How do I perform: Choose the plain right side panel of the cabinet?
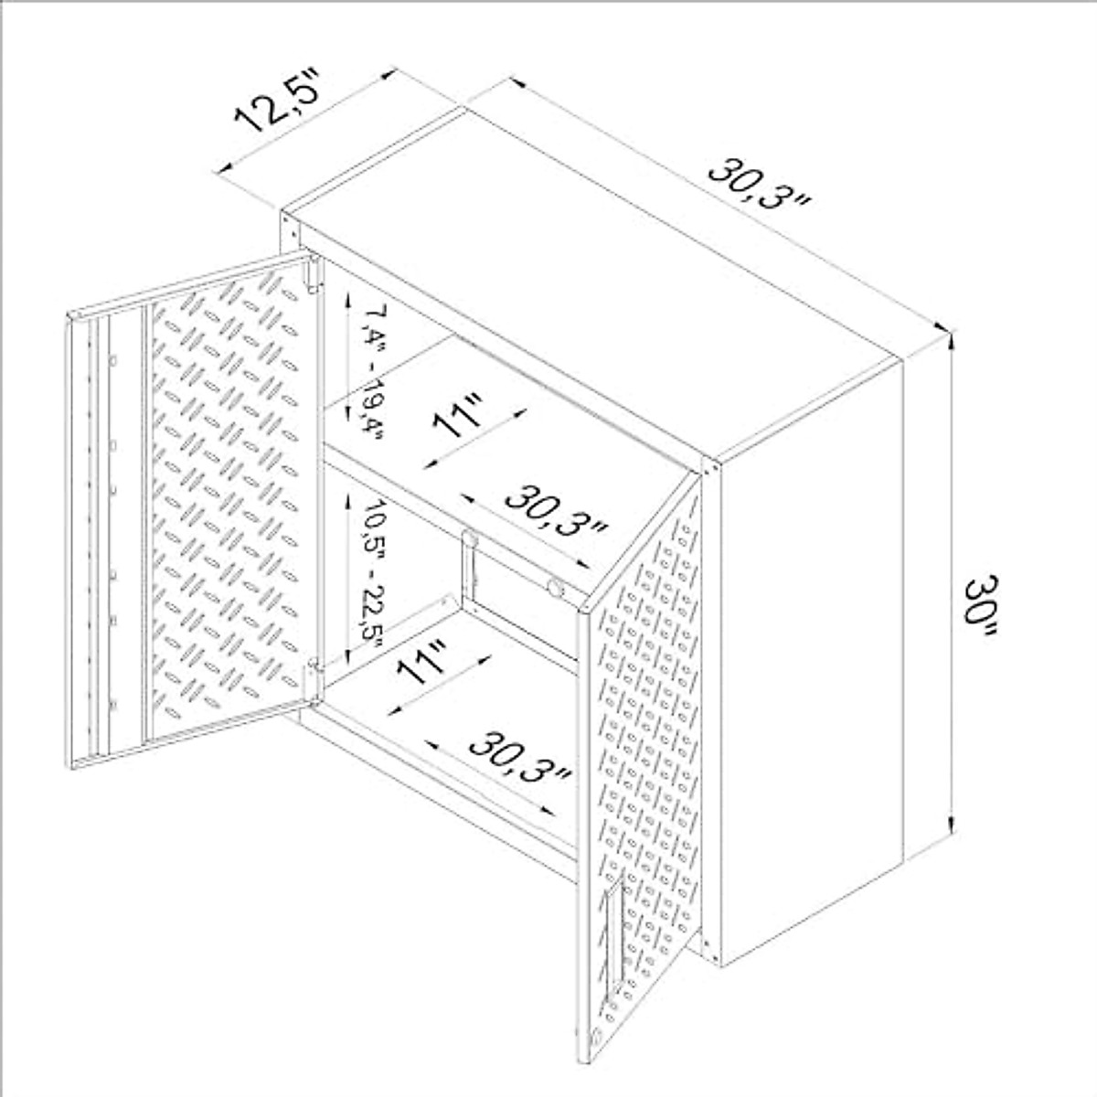coord(809,640)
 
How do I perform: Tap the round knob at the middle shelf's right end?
coord(555,586)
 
